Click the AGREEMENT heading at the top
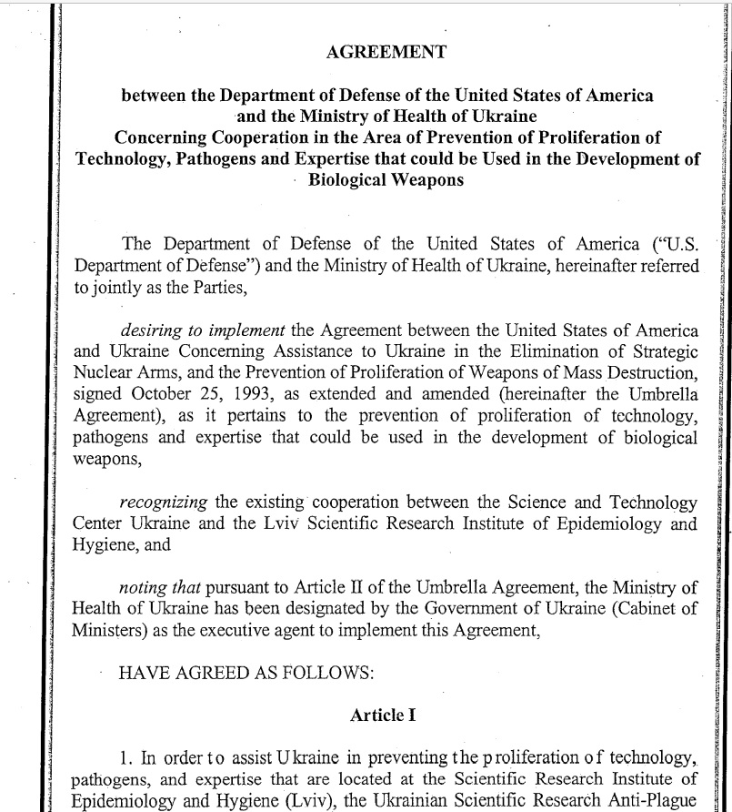pos(386,52)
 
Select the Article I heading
pos(383,715)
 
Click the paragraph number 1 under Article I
pos(125,758)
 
